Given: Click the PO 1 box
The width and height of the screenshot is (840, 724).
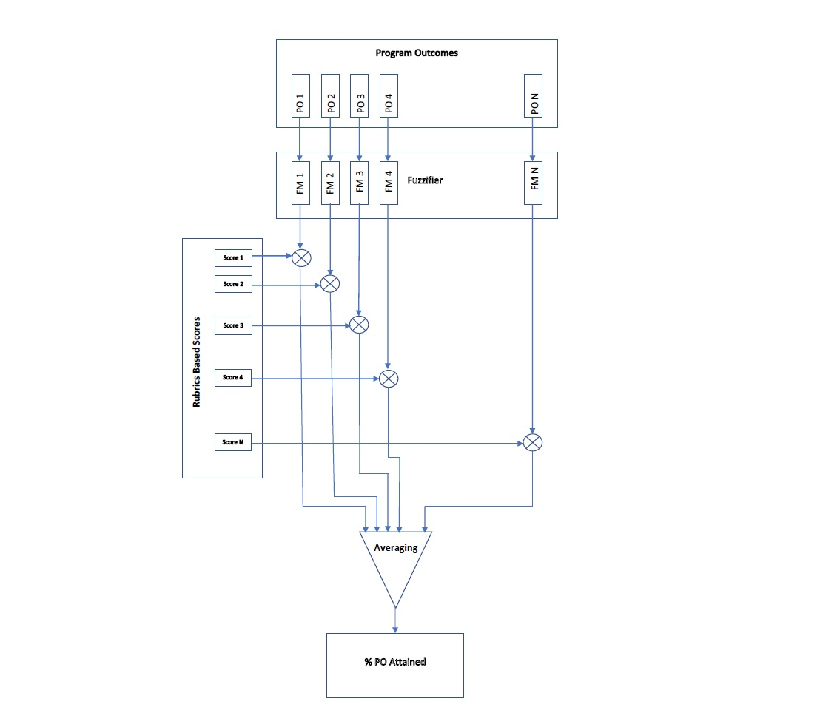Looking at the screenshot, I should [x=300, y=95].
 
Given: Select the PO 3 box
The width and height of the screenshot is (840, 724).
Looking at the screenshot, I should [x=359, y=95].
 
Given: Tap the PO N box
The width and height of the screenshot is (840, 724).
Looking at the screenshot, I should [x=533, y=95].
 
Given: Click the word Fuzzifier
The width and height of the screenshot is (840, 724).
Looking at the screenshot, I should [x=425, y=180].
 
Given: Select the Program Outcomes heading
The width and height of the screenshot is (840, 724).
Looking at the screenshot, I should [x=417, y=53].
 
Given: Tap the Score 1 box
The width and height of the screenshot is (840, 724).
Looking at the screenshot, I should [x=232, y=257].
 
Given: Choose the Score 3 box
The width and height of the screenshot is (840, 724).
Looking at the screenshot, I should [x=232, y=325].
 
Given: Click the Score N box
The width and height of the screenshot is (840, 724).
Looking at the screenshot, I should [x=232, y=442].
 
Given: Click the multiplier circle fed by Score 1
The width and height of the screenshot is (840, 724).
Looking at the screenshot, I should [x=301, y=257].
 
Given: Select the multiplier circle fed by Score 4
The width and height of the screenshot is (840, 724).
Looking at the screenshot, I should [x=389, y=379].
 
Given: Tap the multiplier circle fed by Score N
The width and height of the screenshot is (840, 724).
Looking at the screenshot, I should [x=533, y=442].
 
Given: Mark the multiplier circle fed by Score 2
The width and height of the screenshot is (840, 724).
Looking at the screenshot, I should [x=329, y=283].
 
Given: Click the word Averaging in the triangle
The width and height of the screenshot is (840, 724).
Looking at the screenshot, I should [x=396, y=548].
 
